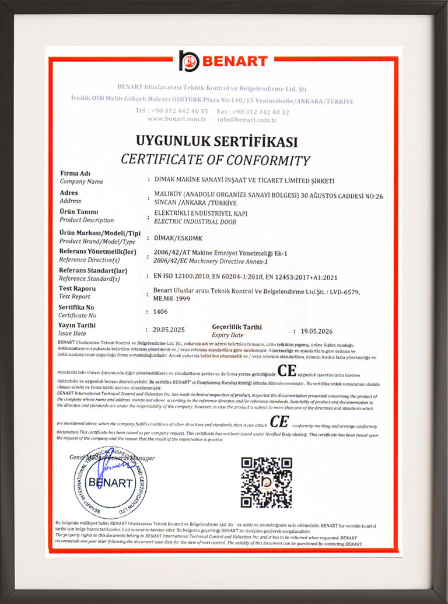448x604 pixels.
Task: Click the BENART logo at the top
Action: pyautogui.click(x=223, y=61)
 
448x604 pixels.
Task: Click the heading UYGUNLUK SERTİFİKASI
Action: pyautogui.click(x=216, y=142)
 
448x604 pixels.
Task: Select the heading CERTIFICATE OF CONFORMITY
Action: pyautogui.click(x=215, y=159)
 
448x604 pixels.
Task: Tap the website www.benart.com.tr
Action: pyautogui.click(x=177, y=119)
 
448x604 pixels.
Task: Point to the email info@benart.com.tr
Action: pyautogui.click(x=246, y=119)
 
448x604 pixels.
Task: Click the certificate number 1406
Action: pyautogui.click(x=160, y=312)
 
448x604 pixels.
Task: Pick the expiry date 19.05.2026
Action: pyautogui.click(x=320, y=330)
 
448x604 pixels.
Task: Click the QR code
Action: pyautogui.click(x=266, y=483)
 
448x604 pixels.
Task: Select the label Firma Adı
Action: pyautogui.click(x=73, y=173)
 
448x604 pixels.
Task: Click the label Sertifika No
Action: pyautogui.click(x=76, y=307)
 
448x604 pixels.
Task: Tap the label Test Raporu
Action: pyautogui.click(x=77, y=288)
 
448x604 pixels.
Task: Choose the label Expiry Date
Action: pyautogui.click(x=228, y=336)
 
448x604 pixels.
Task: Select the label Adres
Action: pyautogui.click(x=69, y=193)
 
